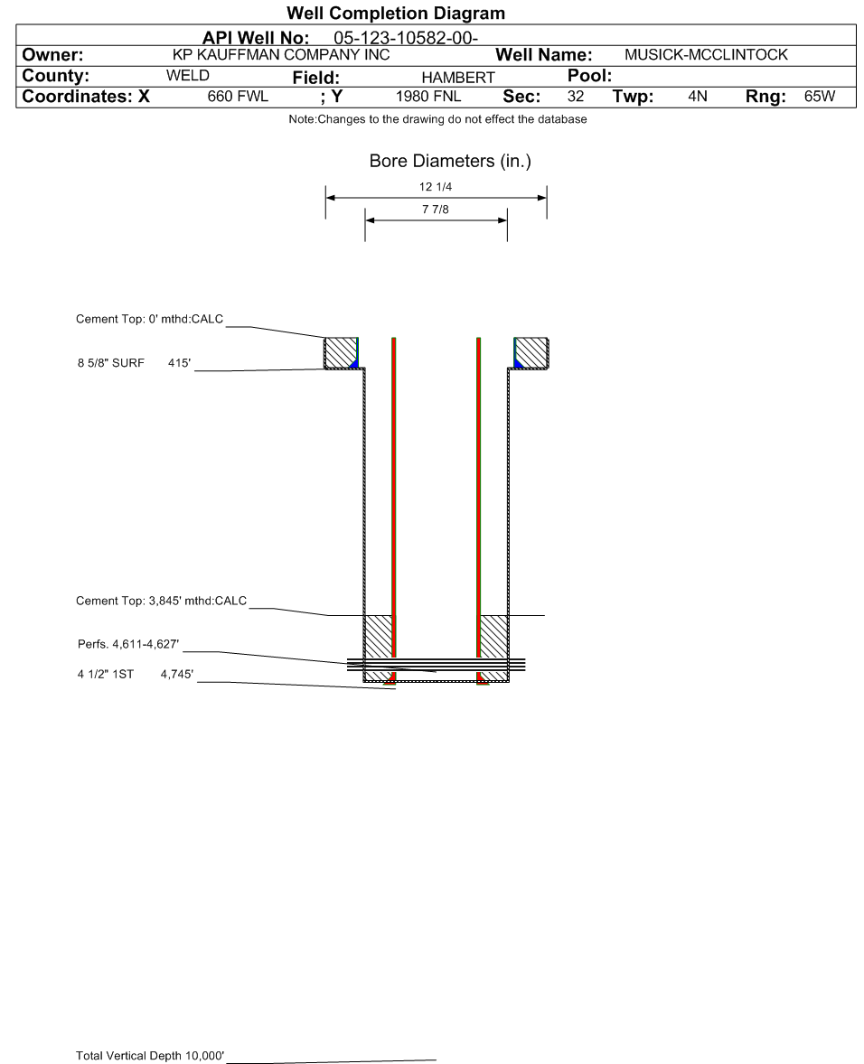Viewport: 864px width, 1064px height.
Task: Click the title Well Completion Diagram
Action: (x=395, y=14)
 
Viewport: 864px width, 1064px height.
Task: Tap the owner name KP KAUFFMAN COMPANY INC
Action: (x=281, y=55)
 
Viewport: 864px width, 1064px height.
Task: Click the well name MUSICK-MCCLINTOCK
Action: (x=706, y=55)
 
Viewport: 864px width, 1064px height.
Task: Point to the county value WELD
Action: (x=188, y=76)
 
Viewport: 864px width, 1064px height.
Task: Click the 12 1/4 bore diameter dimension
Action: (x=437, y=188)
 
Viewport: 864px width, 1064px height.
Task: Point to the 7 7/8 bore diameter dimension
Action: (x=436, y=210)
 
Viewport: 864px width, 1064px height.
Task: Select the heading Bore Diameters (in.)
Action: (x=450, y=162)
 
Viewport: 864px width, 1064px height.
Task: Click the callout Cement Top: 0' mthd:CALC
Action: (x=150, y=320)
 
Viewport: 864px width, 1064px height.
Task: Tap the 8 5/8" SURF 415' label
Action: (x=135, y=363)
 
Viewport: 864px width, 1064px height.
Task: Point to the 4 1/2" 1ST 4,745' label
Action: (x=135, y=674)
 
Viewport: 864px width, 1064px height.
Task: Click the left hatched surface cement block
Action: (x=341, y=352)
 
